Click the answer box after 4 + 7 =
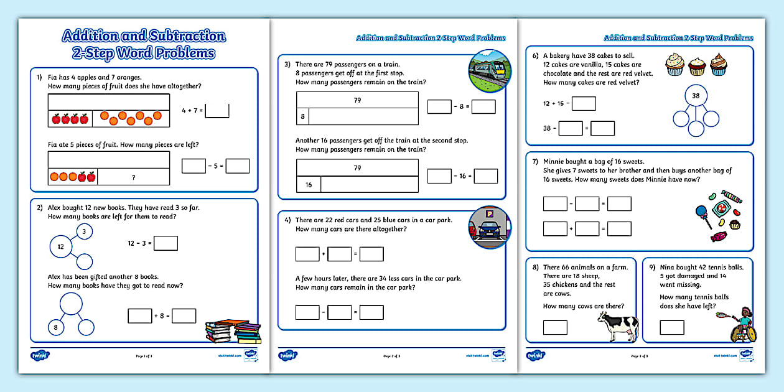217,111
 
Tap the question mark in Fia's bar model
133,177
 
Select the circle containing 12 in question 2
61,247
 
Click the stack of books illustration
233,331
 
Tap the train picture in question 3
489,71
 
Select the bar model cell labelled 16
309,184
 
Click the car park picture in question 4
489,227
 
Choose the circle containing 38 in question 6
696,96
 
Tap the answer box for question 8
555,327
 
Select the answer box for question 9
671,327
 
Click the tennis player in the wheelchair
742,324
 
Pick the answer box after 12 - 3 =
166,243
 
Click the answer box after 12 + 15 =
584,103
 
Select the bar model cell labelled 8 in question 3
302,116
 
